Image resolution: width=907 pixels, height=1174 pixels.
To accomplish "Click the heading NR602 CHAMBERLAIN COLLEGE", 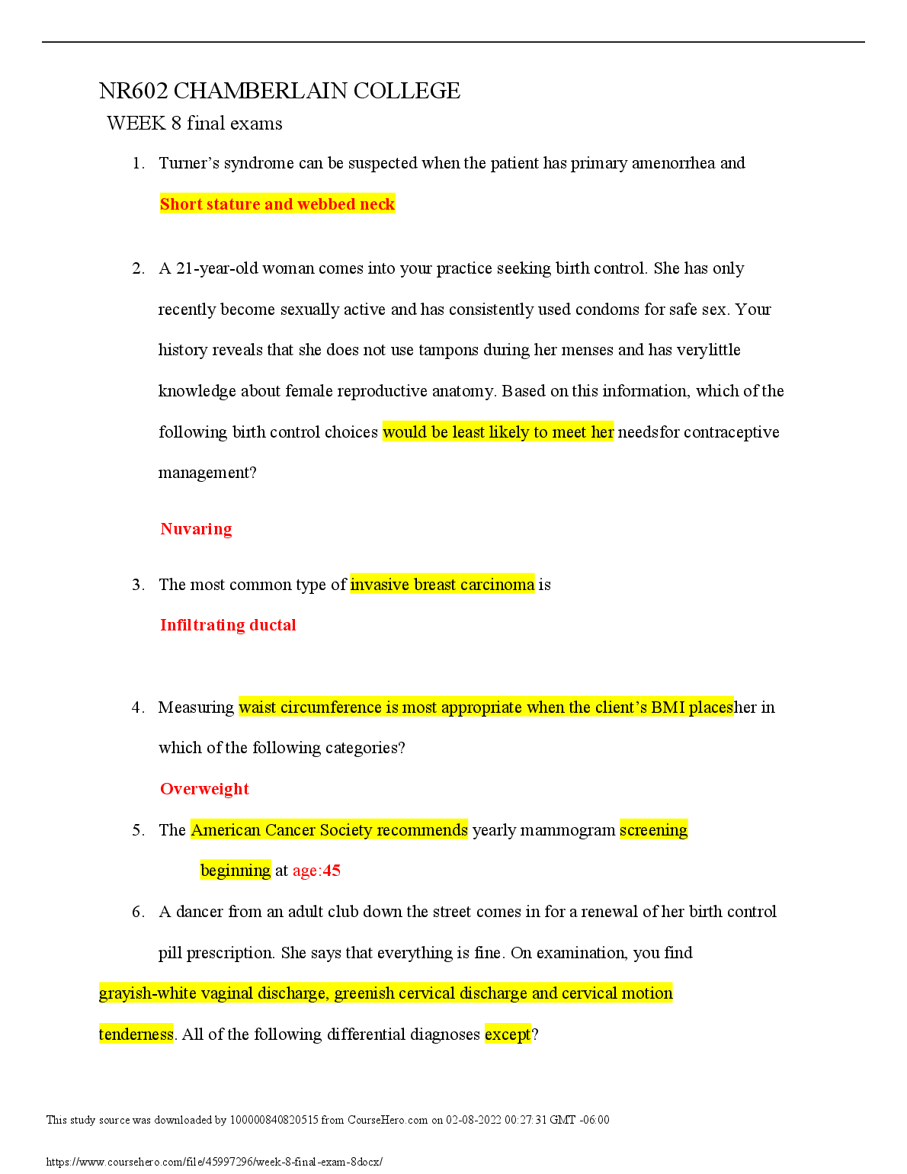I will click(279, 91).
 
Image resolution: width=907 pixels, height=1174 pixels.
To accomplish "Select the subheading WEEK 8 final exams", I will click(194, 123).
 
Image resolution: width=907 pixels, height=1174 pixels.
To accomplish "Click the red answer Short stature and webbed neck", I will click(277, 204).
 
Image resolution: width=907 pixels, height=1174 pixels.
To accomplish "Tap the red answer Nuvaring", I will click(196, 529).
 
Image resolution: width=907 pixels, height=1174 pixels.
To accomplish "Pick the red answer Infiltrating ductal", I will click(228, 625).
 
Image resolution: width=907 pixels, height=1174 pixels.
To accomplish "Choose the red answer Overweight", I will click(204, 789).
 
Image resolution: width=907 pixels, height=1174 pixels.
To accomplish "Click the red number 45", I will click(332, 871).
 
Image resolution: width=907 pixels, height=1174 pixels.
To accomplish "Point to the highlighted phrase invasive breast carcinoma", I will click(442, 585).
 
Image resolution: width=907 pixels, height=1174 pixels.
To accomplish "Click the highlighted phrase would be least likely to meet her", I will click(498, 432).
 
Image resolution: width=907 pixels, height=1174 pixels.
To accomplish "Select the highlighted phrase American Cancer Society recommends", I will click(329, 830).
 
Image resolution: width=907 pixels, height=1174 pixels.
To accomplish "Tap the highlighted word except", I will click(508, 1034).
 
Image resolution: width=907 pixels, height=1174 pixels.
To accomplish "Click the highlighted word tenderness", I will click(136, 1034).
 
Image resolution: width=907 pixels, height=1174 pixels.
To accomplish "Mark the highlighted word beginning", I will click(236, 871).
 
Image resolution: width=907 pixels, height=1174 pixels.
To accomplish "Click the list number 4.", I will click(137, 707).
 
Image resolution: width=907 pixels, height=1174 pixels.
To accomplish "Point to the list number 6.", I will click(137, 912).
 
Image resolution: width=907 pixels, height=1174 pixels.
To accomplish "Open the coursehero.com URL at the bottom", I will click(214, 1162).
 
